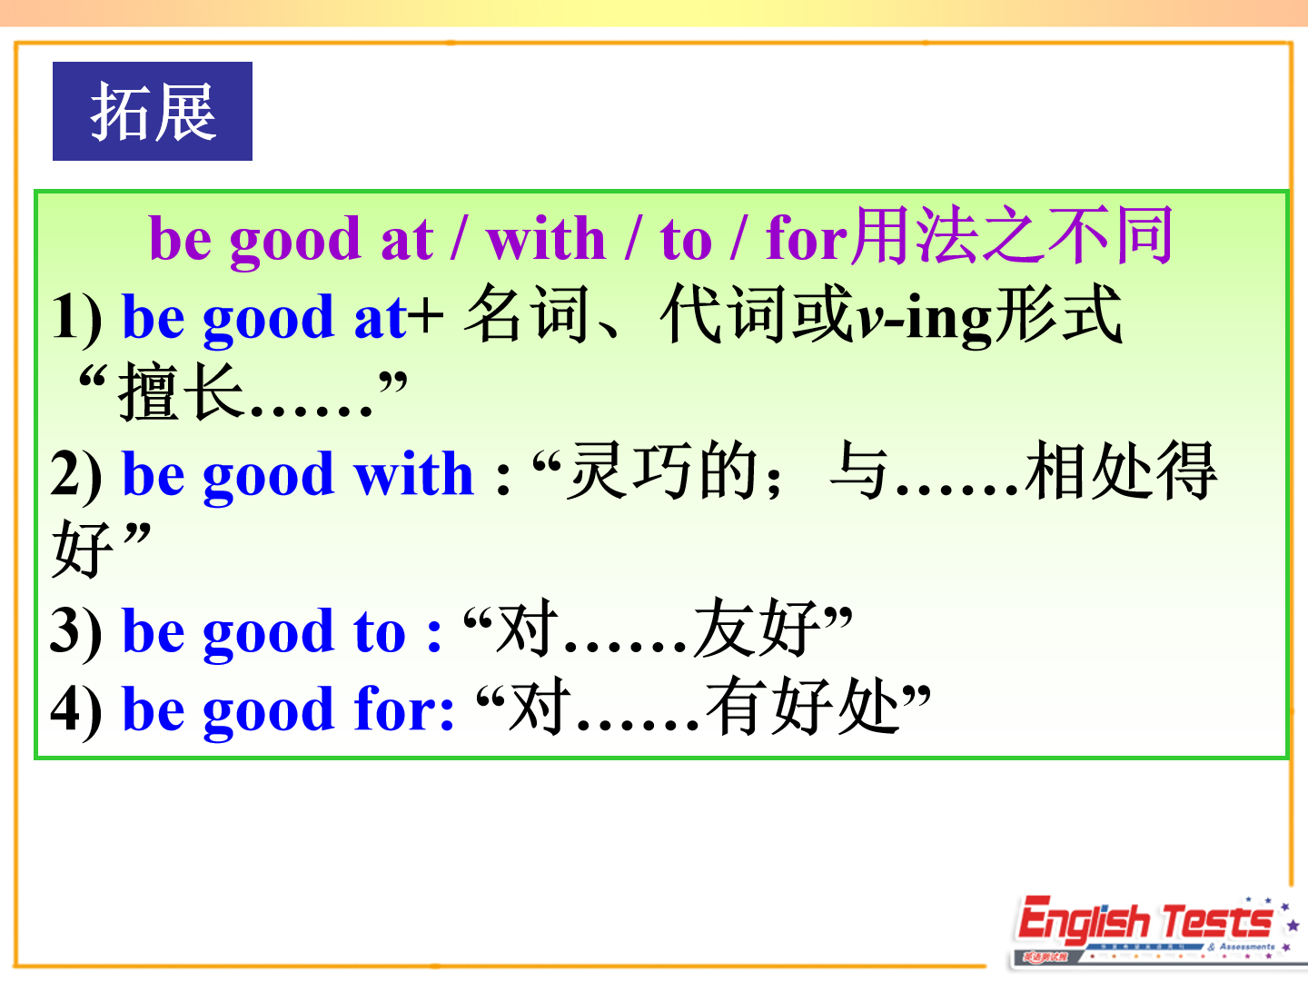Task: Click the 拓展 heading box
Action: [x=153, y=112]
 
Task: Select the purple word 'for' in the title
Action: [x=807, y=239]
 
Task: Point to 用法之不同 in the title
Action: [x=1012, y=235]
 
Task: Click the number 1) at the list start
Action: [x=77, y=318]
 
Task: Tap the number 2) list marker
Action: [x=76, y=475]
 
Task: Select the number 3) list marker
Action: [x=76, y=631]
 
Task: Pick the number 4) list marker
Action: [x=76, y=710]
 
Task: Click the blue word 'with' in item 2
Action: [x=413, y=473]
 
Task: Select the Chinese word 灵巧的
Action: [x=661, y=471]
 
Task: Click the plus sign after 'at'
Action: [x=427, y=318]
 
